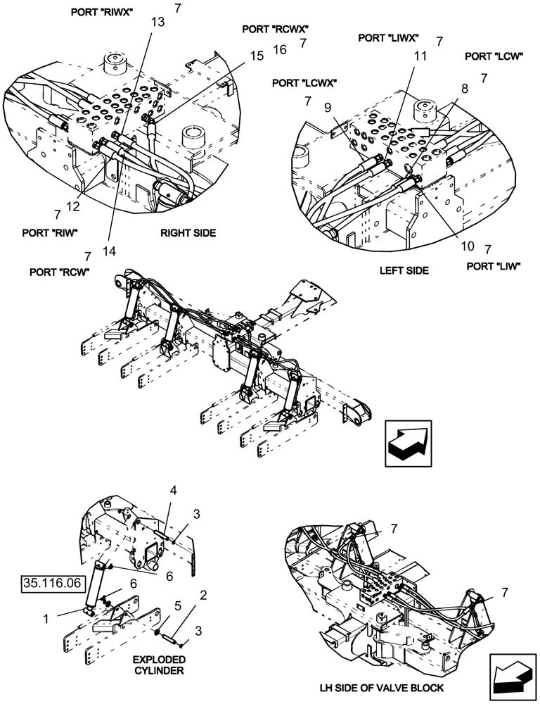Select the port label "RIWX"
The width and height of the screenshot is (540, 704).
pos(114,12)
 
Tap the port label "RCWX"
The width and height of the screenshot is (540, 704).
pos(275,30)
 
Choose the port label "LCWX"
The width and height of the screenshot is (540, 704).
pos(304,82)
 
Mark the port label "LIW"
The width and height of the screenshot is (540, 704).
pos(493,266)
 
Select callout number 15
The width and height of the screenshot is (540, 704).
pos(257,55)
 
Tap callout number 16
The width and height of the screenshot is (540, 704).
pos(280,49)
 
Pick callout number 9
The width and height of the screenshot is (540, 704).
pos(328,108)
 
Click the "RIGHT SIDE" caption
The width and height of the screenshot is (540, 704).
pos(188,232)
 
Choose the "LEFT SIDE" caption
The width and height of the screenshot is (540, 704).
pos(404,270)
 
